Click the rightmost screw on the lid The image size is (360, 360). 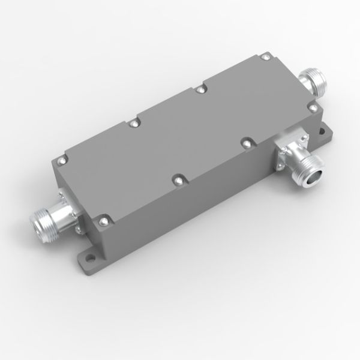[x=312, y=107]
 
